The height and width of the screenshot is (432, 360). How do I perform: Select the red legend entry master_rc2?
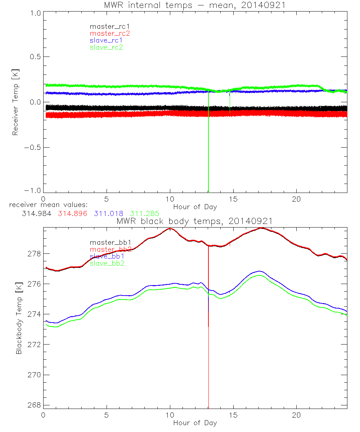pos(110,33)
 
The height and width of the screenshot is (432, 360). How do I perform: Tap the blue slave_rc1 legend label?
pos(106,40)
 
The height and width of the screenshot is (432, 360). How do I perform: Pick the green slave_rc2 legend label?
pos(106,47)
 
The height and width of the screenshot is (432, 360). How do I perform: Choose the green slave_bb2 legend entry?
pos(109,263)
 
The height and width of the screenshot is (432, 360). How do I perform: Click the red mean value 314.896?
pos(71,213)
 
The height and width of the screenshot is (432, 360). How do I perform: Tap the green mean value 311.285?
pos(145,213)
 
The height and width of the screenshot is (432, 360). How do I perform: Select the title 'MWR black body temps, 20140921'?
pos(194,221)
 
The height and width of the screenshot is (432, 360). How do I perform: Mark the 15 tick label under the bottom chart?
pos(233,415)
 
